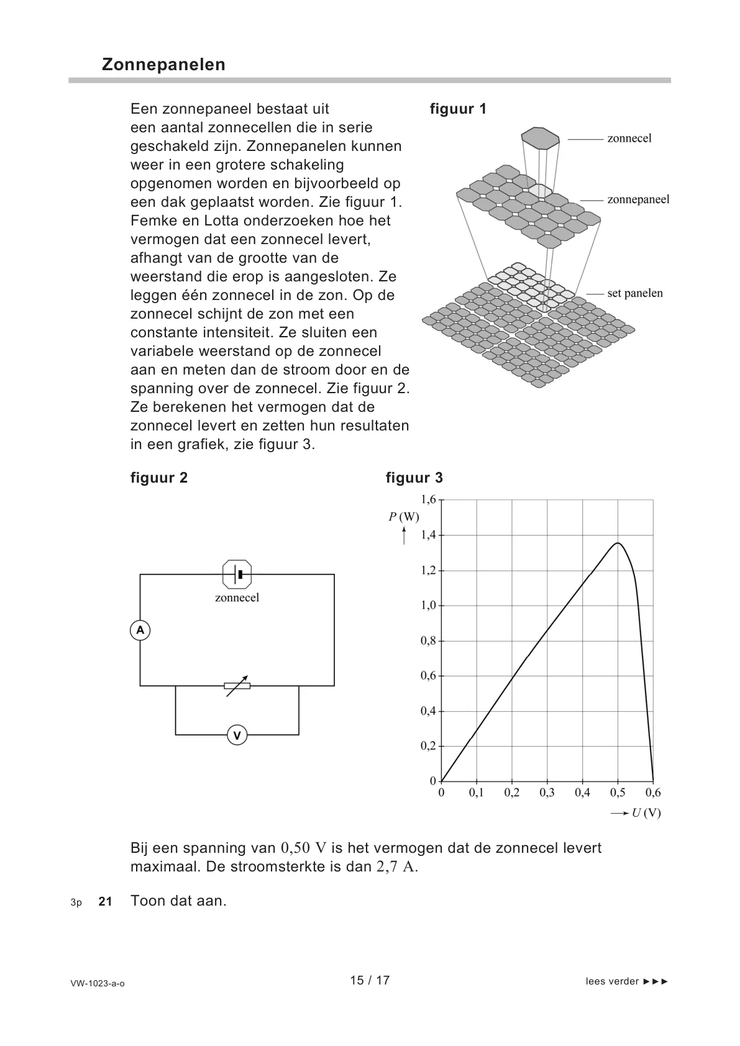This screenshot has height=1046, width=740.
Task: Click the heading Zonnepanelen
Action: pyautogui.click(x=163, y=65)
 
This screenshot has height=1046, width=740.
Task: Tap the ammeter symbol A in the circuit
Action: pyautogui.click(x=140, y=630)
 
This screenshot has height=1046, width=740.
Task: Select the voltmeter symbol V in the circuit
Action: pyautogui.click(x=237, y=735)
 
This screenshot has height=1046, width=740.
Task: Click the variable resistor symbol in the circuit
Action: pyautogui.click(x=237, y=686)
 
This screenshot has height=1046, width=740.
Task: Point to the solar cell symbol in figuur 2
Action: pyautogui.click(x=237, y=575)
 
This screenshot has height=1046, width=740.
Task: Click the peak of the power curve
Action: pyautogui.click(x=618, y=543)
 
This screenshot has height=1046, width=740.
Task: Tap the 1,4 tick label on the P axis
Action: pyautogui.click(x=428, y=535)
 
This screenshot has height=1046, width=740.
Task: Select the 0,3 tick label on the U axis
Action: pyautogui.click(x=547, y=793)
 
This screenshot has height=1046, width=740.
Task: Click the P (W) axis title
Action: pyautogui.click(x=404, y=517)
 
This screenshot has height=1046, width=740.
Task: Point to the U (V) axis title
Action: pyautogui.click(x=646, y=813)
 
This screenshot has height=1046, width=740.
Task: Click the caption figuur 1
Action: pyautogui.click(x=458, y=109)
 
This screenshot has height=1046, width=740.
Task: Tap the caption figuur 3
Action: pyautogui.click(x=414, y=478)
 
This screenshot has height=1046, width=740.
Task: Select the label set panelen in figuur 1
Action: pyautogui.click(x=634, y=293)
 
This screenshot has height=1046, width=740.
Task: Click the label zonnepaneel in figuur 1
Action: pyautogui.click(x=638, y=199)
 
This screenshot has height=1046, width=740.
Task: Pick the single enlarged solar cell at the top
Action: pyautogui.click(x=540, y=139)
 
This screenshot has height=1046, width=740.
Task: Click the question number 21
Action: pyautogui.click(x=106, y=901)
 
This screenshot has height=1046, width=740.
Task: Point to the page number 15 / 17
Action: pyautogui.click(x=370, y=980)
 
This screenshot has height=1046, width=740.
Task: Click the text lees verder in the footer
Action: pyautogui.click(x=612, y=981)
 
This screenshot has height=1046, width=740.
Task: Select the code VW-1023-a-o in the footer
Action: pyautogui.click(x=98, y=983)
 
